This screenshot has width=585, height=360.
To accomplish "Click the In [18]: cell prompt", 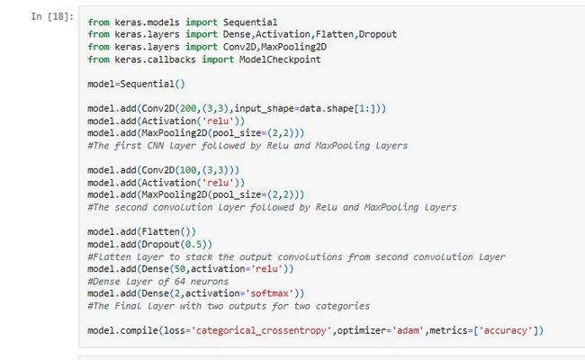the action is tap(52, 16).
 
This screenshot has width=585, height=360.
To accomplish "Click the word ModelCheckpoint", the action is tap(280, 59).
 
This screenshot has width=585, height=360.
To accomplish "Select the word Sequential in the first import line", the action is tap(250, 22).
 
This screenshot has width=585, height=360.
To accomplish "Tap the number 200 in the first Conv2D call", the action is tap(188, 109).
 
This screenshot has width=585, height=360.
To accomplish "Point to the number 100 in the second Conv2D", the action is tap(188, 170).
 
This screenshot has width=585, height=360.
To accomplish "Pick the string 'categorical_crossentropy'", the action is tap(261, 330).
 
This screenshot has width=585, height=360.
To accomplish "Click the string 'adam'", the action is tap(408, 330).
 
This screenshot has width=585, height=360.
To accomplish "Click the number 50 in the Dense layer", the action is tap(180, 269).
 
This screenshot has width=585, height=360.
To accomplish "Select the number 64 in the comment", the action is tap(180, 282).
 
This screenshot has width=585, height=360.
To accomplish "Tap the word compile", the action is tap(139, 331).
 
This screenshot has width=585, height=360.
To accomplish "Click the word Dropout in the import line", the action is tap(377, 34).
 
